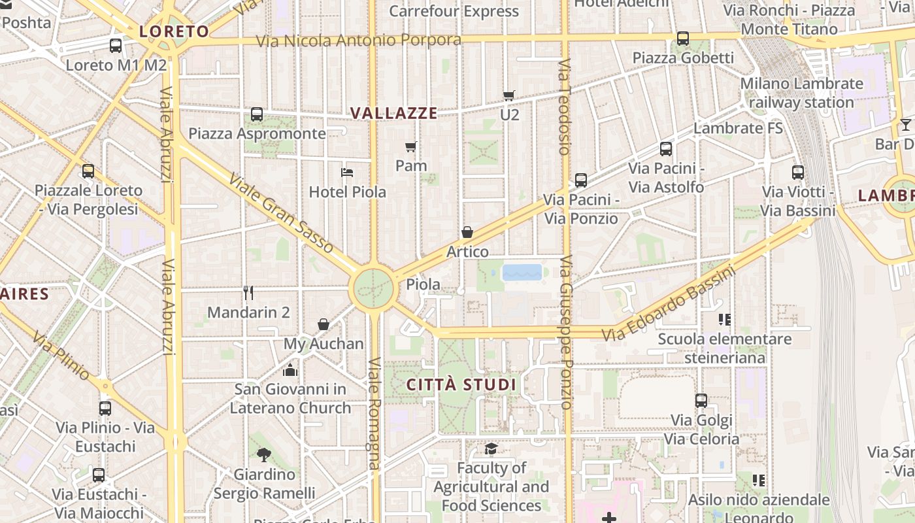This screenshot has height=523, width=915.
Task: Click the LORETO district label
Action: (174, 31)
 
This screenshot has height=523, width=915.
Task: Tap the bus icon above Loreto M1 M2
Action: (116, 46)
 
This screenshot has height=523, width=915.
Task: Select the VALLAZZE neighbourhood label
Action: (393, 113)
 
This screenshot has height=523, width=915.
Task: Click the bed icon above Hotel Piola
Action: (347, 173)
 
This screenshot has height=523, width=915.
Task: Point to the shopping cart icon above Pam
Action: (410, 146)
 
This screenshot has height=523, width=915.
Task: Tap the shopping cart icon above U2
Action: (509, 95)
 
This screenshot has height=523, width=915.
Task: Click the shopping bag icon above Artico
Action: (467, 232)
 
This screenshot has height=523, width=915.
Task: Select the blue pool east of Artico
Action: (522, 272)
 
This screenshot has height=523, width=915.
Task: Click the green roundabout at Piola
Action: (374, 288)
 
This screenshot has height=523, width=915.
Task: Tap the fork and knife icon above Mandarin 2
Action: (248, 292)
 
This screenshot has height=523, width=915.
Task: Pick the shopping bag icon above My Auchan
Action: (323, 324)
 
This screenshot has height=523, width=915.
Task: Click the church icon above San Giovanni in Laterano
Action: (290, 370)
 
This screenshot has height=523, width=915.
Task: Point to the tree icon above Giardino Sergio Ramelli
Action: (264, 454)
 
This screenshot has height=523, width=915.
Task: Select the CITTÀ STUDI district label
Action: (461, 384)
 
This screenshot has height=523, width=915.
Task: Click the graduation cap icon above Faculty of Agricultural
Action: (491, 448)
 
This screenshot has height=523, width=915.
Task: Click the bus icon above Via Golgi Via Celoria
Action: (701, 400)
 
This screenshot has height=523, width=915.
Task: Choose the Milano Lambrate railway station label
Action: (801, 93)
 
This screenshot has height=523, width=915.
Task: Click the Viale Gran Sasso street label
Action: (281, 213)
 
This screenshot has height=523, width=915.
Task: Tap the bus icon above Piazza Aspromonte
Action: (257, 114)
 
